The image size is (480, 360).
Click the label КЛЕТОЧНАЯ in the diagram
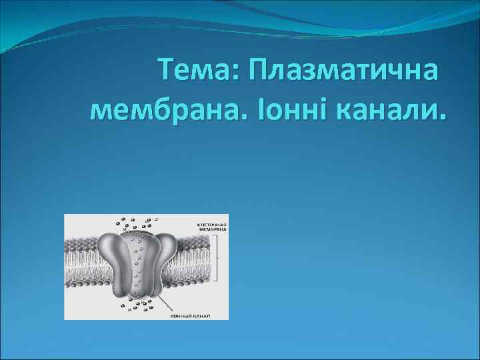(212, 225)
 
